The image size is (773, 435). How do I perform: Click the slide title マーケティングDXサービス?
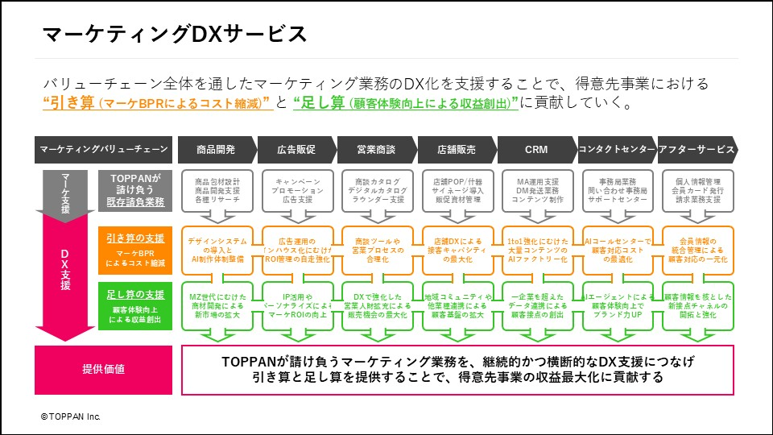pos(174,34)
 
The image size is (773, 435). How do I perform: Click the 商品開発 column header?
pos(215,149)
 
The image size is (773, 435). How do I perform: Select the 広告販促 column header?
pos(295,149)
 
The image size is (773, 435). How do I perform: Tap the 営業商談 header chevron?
pos(375,149)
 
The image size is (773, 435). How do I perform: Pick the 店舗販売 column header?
pos(455,149)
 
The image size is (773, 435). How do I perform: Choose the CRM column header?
pos(535,149)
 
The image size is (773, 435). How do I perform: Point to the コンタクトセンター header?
pos(615,149)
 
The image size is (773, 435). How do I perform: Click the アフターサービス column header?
pos(696,149)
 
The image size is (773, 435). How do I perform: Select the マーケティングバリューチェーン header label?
pos(103,149)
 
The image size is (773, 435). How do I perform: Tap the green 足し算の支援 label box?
pos(134,304)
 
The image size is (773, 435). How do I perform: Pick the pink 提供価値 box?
pos(103,369)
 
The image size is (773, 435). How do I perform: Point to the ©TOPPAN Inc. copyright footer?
pos(71,416)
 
